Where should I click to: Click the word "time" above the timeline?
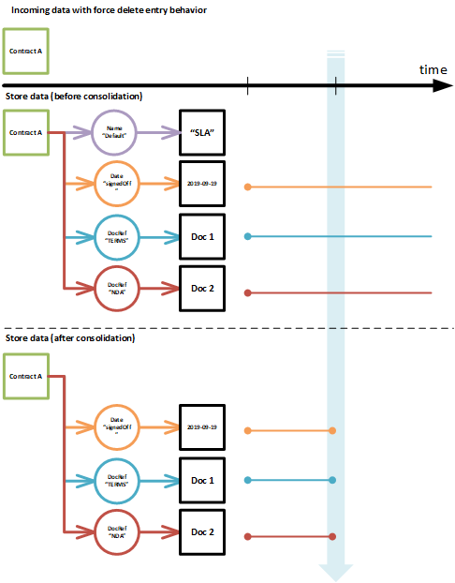click(433, 70)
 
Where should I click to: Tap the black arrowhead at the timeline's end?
click(443, 86)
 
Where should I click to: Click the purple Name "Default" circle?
click(115, 132)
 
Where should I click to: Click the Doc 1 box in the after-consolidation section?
click(203, 480)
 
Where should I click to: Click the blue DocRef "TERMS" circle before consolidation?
click(115, 237)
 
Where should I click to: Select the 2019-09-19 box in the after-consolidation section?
click(203, 426)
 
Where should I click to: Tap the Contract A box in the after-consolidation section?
click(26, 375)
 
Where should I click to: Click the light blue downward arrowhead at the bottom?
click(334, 571)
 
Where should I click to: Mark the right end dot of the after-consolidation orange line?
click(333, 430)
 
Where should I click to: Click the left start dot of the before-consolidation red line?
click(247, 292)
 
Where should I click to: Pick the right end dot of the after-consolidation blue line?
click(333, 481)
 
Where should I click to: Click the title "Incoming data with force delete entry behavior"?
click(110, 9)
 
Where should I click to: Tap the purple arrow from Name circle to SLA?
click(158, 132)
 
